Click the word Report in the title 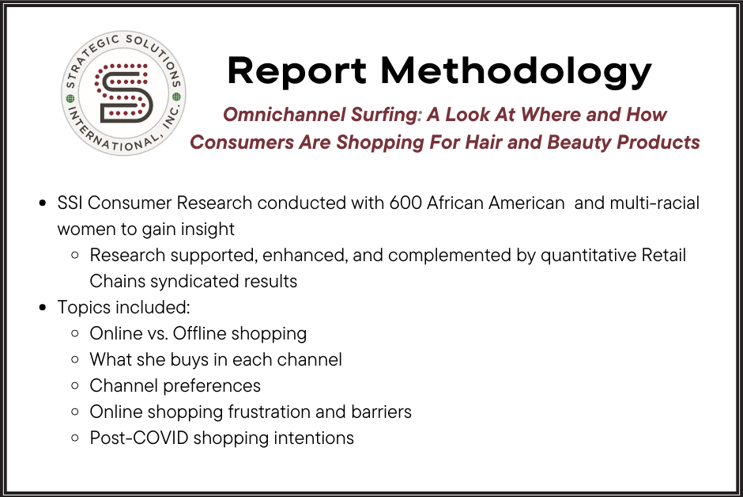296,71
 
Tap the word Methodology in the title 516,71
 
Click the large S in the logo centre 124,93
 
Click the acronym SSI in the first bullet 70,203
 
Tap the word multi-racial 654,203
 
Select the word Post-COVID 139,438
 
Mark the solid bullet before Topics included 43,308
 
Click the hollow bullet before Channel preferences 74,385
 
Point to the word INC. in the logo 171,116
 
